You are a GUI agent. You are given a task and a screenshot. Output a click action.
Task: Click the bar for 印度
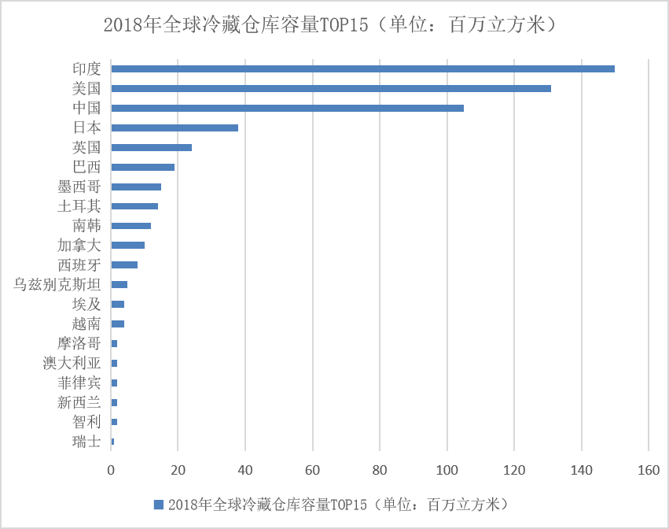pyautogui.click(x=362, y=68)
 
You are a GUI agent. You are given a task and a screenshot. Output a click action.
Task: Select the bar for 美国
pyautogui.click(x=331, y=88)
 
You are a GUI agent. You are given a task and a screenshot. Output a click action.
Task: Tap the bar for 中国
pyautogui.click(x=287, y=108)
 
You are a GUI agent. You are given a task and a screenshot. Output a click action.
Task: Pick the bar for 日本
pyautogui.click(x=175, y=128)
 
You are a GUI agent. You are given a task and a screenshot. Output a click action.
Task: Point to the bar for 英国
pyautogui.click(x=151, y=147)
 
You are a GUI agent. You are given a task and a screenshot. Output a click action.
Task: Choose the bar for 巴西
pyautogui.click(x=142, y=167)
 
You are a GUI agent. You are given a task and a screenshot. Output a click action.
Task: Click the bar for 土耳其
pyautogui.click(x=134, y=206)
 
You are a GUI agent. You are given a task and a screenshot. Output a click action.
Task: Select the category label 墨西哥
pyautogui.click(x=79, y=187)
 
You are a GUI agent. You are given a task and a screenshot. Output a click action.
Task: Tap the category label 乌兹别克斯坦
pyautogui.click(x=57, y=284)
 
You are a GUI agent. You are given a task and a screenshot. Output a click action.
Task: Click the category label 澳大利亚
pyautogui.click(x=72, y=363)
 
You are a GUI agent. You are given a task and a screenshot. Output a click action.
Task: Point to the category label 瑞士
pyautogui.click(x=86, y=442)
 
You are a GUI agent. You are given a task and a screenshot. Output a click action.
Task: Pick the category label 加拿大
pyautogui.click(x=79, y=245)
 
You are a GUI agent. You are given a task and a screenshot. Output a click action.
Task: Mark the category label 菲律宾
pyautogui.click(x=79, y=383)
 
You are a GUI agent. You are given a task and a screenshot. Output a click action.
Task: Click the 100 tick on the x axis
pyautogui.click(x=447, y=470)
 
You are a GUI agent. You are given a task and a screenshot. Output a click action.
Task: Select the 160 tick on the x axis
pyautogui.click(x=649, y=470)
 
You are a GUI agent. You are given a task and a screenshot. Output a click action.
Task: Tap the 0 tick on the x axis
pyautogui.click(x=111, y=470)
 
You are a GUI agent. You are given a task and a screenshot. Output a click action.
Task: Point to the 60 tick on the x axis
pyautogui.click(x=313, y=470)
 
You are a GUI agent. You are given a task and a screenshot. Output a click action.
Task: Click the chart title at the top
pyautogui.click(x=333, y=24)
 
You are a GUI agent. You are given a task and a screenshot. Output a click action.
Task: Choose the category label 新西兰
pyautogui.click(x=79, y=402)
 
